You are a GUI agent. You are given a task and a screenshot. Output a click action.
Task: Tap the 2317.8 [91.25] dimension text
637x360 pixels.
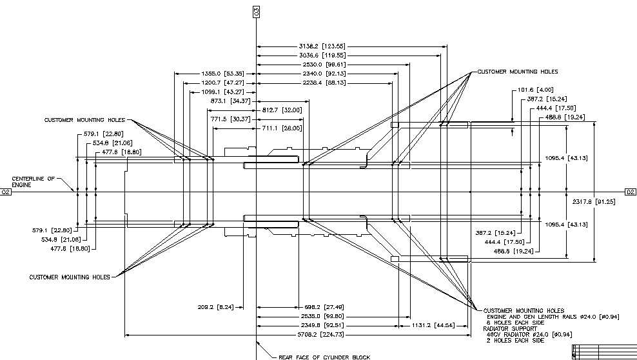click(593, 202)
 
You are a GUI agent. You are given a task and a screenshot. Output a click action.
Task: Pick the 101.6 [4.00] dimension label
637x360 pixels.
click(534, 90)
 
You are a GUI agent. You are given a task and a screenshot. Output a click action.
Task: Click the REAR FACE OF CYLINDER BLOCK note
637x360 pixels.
click(324, 357)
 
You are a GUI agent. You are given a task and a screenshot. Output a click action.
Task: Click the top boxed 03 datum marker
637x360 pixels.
click(257, 12)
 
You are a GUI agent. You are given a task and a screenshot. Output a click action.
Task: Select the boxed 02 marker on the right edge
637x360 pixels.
click(630, 192)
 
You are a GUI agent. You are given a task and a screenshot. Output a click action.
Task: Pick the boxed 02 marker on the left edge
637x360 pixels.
click(6, 192)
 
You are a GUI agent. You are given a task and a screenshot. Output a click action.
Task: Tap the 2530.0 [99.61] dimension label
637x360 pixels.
click(322, 65)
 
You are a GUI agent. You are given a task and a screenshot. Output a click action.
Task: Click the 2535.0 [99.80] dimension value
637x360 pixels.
click(322, 316)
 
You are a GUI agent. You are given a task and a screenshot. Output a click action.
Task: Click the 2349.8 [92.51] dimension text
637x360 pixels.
click(322, 326)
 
